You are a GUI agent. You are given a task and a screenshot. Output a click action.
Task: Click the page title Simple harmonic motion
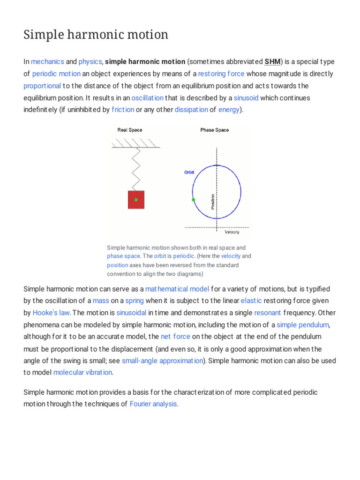[x=96, y=35]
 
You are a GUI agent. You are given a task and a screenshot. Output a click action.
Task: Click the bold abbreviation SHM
[x=272, y=62]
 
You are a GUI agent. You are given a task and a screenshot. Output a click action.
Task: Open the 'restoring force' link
[x=221, y=74]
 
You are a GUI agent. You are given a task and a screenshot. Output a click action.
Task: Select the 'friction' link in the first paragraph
[x=122, y=110]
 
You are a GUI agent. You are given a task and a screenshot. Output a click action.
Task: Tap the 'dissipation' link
[x=191, y=110]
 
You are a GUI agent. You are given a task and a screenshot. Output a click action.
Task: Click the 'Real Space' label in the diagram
[x=129, y=130]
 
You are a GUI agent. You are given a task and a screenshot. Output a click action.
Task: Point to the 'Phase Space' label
[x=214, y=130]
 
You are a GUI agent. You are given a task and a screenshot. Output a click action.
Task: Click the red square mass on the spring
[x=136, y=200]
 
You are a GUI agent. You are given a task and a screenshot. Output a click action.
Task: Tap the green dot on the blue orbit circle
[x=193, y=200]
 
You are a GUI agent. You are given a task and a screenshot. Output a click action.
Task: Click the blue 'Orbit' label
[x=188, y=172]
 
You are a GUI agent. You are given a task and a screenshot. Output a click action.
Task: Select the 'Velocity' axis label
[x=232, y=232]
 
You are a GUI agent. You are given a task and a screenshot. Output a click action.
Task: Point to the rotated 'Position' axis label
[x=213, y=201]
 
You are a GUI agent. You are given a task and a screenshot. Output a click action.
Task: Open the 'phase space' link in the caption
[x=123, y=256]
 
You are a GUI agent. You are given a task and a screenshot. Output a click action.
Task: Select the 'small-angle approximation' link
[x=162, y=360]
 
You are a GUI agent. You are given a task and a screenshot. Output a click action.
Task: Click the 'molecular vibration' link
[x=82, y=372]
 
